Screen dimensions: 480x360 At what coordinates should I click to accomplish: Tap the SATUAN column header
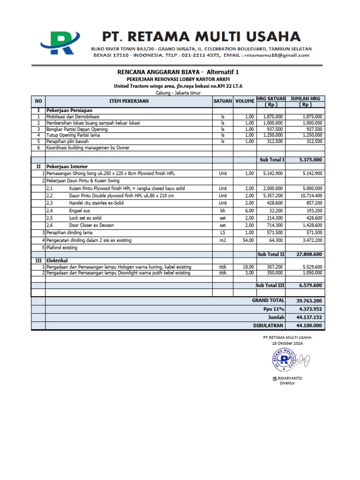(223, 101)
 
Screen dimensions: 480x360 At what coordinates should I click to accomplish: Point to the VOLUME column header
(244, 101)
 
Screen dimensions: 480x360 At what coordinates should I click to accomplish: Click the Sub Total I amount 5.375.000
(310, 160)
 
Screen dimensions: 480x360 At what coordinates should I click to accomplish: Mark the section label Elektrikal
(57, 260)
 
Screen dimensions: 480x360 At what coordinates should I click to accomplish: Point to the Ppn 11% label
(274, 309)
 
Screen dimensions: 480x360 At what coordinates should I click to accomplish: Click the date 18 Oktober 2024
(287, 344)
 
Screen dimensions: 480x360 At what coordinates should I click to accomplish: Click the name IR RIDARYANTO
(287, 378)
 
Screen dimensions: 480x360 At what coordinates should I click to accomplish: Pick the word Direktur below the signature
(287, 383)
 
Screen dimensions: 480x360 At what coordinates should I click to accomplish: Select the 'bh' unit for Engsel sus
(223, 210)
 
